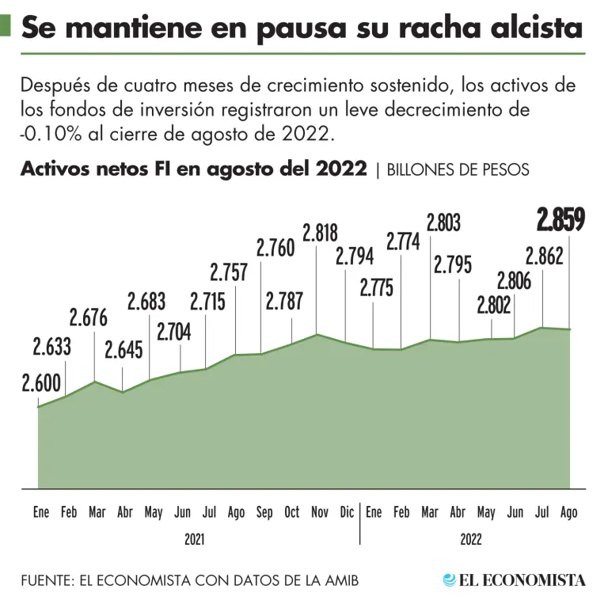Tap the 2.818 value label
pos(320,233)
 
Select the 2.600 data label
pos(41,384)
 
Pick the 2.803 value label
pos(443,223)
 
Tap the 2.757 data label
pos(229,272)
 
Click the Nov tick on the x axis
pos(320,513)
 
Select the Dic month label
pos(347,513)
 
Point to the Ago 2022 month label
pos(568,513)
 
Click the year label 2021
pos(195,540)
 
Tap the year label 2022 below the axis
pos(470,540)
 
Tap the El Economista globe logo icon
pos(450,579)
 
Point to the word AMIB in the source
pos(340,580)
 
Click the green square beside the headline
pos(5,28)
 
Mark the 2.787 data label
pos(283,302)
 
